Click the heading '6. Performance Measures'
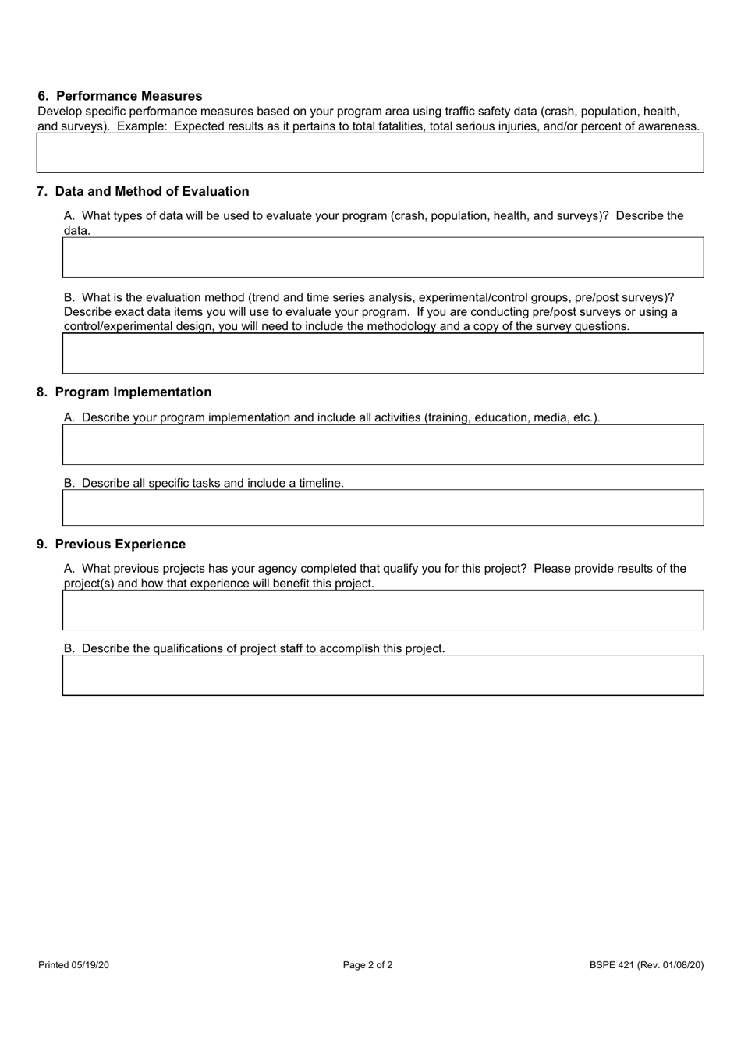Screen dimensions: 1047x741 point(120,96)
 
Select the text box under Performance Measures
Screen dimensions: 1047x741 point(370,153)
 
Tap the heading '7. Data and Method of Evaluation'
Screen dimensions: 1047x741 point(144,191)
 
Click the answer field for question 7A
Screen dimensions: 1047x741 point(383,257)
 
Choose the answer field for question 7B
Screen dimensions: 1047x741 point(383,353)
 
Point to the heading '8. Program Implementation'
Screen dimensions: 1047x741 point(125,392)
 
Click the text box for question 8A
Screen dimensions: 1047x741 point(383,445)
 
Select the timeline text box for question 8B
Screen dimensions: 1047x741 point(383,508)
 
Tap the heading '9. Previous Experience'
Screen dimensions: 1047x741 point(112,544)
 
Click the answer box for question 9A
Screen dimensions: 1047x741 point(383,610)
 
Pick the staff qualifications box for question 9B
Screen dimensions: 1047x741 point(383,675)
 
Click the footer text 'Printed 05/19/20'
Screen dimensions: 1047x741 point(73,965)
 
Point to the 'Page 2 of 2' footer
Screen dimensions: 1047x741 point(367,965)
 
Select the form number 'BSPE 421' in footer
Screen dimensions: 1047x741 point(611,965)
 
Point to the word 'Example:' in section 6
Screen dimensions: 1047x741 point(142,126)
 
